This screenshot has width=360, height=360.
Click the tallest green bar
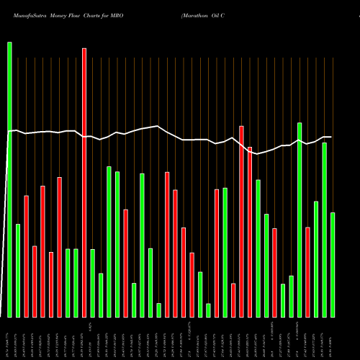(9, 179)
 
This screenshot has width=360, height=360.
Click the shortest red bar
(233, 300)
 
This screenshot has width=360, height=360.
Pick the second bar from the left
(18, 270)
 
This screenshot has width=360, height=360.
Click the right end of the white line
(331, 137)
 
